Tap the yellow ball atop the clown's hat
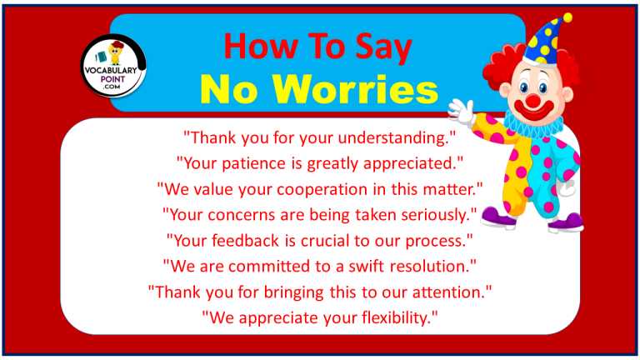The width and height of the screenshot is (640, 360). (x=567, y=17)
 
